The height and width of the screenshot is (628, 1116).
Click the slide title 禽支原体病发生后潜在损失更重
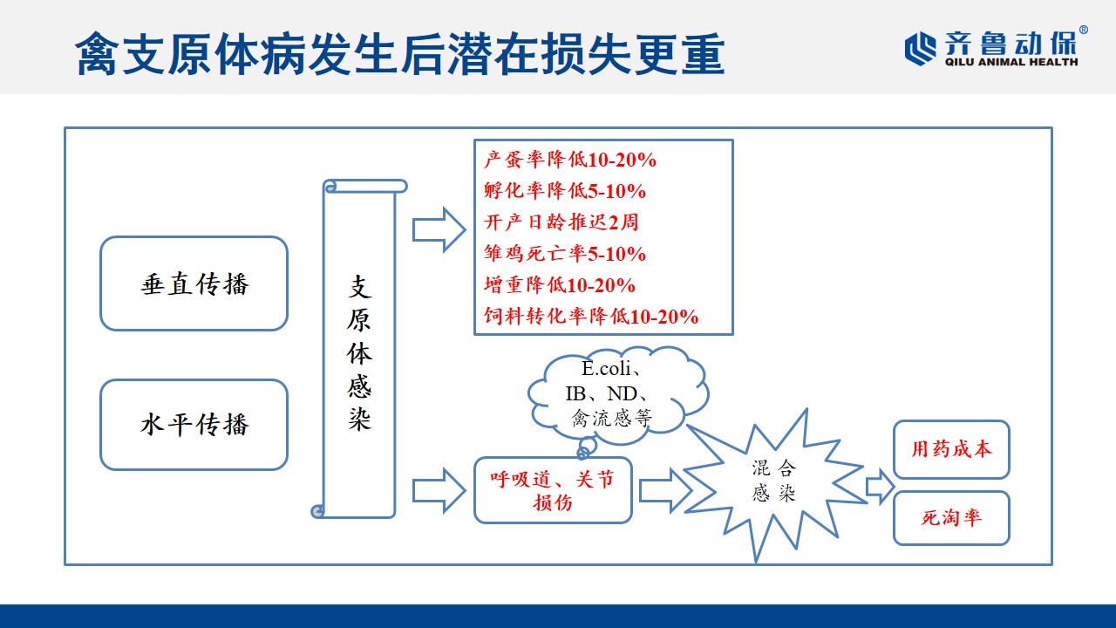(400, 54)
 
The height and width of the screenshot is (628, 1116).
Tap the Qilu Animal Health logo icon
(920, 48)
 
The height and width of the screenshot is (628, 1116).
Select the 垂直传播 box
(194, 283)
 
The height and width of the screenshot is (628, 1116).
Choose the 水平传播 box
(194, 425)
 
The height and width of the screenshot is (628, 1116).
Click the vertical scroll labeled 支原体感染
(358, 349)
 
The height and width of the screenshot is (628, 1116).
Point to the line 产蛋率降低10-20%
(570, 160)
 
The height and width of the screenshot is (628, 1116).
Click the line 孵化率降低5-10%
(564, 191)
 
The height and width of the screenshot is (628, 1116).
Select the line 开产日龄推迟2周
(561, 222)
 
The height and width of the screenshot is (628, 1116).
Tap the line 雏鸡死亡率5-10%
(564, 254)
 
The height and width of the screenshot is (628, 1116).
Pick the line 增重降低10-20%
(560, 285)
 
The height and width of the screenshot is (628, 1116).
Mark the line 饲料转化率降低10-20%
(591, 317)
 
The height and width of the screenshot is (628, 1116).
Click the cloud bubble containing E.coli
(618, 393)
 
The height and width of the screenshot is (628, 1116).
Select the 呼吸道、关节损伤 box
(553, 490)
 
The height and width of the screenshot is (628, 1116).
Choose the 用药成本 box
(951, 449)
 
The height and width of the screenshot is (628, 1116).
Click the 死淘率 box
(951, 518)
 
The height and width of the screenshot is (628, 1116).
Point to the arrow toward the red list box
(439, 230)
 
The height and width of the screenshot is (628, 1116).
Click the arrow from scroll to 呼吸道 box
(439, 491)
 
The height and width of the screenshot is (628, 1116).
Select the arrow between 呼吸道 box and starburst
(665, 490)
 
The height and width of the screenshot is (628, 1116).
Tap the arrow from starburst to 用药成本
(881, 487)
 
